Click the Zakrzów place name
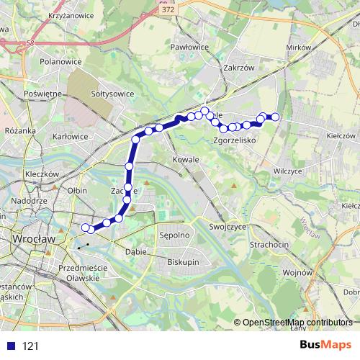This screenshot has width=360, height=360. (x=240, y=68)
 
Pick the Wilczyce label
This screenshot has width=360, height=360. (x=288, y=171)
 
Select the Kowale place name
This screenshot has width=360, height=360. (x=186, y=158)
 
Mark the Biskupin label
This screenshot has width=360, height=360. (x=183, y=263)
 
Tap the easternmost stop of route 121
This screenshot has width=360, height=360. (x=274, y=117)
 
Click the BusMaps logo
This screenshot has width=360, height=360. (x=325, y=346)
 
